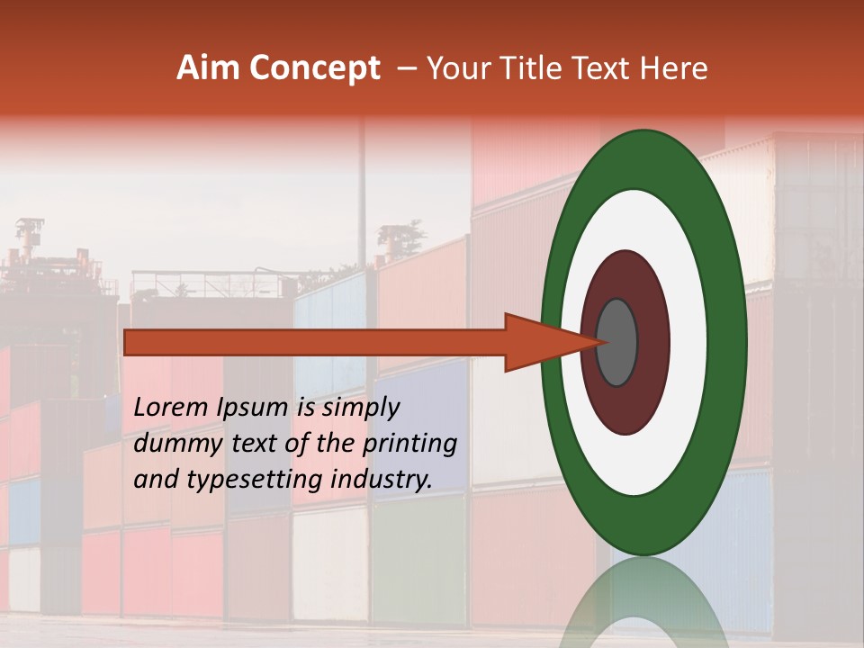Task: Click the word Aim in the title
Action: click(x=209, y=68)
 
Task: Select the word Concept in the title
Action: click(x=315, y=68)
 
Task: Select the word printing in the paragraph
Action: click(x=411, y=445)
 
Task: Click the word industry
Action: click(x=382, y=480)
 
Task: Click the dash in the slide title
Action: click(x=407, y=69)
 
